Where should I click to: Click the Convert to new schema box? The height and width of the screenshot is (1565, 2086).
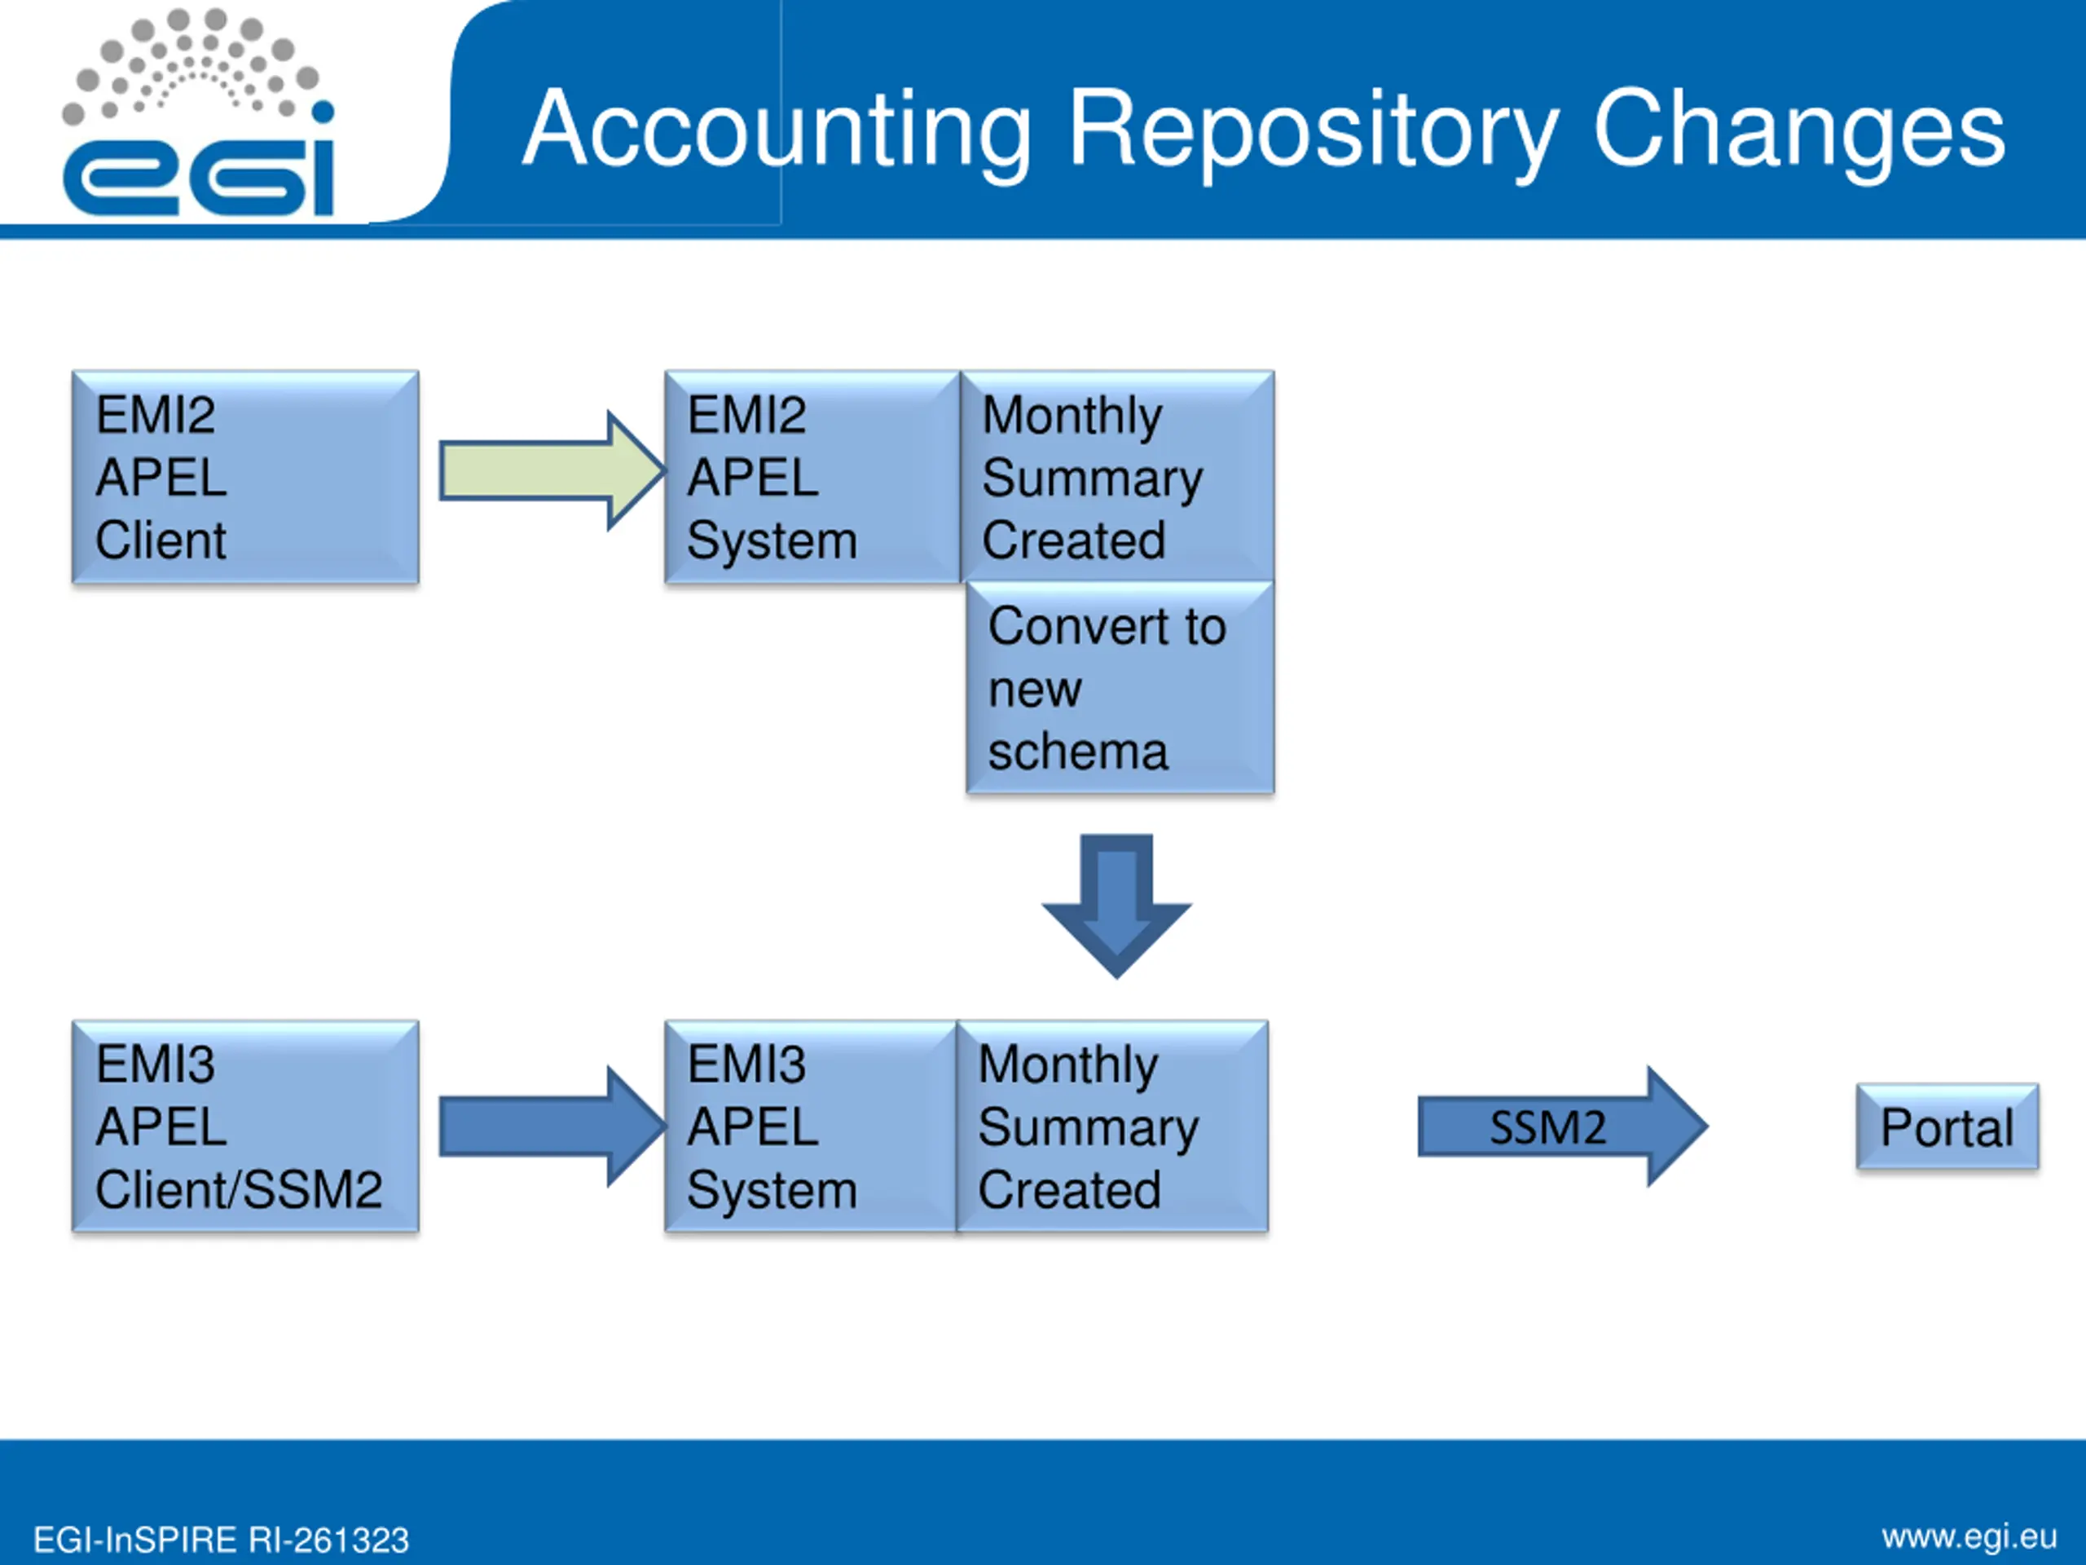[x=1120, y=689]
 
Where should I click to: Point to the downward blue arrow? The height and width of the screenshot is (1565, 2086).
[x=1116, y=904]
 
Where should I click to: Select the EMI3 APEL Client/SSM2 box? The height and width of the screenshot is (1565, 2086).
[x=245, y=1126]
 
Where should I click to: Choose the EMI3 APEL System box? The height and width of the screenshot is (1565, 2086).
[x=810, y=1126]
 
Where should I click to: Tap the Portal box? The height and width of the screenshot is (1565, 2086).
[x=1947, y=1127]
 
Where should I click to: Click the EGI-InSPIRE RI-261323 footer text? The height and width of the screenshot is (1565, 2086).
[x=221, y=1541]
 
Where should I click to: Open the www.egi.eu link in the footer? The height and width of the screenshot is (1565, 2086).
[x=1969, y=1536]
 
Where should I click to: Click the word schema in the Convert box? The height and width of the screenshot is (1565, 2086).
[x=1078, y=752]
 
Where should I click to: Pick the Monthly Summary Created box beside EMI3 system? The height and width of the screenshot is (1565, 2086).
[x=1113, y=1126]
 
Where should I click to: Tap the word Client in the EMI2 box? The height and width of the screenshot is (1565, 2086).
[x=161, y=540]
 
